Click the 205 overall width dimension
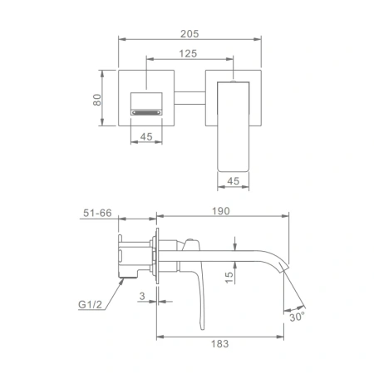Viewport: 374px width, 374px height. (x=189, y=34)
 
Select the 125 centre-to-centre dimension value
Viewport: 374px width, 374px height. (x=188, y=53)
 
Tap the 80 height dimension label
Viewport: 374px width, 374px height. (x=97, y=100)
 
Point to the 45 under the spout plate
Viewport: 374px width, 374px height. (x=146, y=136)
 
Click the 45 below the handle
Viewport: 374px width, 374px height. (x=233, y=181)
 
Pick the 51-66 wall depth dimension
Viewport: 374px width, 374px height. (x=97, y=213)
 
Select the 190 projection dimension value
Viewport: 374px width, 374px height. (x=221, y=211)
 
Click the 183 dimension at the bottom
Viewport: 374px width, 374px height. (x=220, y=344)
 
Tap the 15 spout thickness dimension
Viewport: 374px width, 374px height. (x=229, y=278)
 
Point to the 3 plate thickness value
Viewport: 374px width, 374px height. (x=142, y=296)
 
